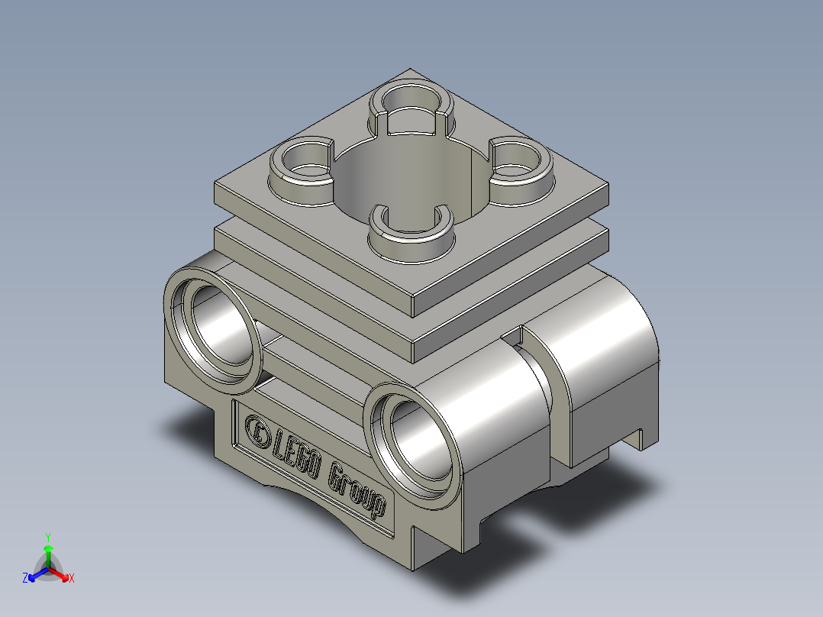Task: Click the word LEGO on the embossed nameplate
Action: point(296,457)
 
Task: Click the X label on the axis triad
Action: point(72,579)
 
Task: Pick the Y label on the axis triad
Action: point(47,537)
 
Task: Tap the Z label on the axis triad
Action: point(25,579)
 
